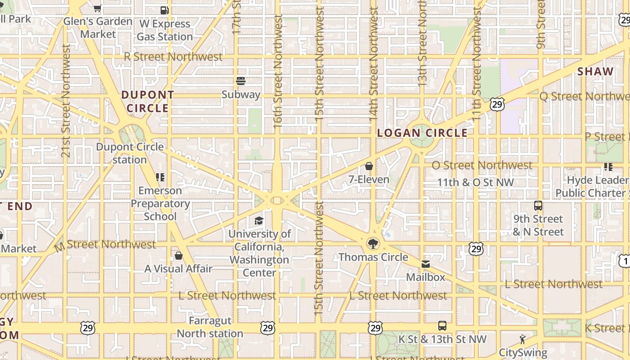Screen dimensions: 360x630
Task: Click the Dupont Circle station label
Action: (x=130, y=153)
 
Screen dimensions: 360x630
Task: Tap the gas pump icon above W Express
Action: (x=165, y=10)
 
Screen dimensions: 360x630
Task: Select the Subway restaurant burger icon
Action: (x=241, y=81)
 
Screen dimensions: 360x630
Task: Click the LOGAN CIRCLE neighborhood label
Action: (x=422, y=133)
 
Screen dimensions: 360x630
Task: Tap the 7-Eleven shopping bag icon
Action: (x=369, y=166)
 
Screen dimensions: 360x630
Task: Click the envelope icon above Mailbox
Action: (x=426, y=264)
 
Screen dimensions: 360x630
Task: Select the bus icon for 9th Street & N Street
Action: (x=538, y=206)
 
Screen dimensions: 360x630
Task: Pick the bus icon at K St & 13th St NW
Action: (x=442, y=326)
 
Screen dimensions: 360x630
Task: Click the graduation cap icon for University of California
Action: (x=259, y=220)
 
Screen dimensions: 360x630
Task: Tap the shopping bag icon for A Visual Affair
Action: (x=179, y=256)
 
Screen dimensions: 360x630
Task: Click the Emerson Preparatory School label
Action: (x=160, y=203)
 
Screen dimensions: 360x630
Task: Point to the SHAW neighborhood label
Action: (x=595, y=72)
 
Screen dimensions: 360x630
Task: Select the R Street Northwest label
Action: (x=173, y=57)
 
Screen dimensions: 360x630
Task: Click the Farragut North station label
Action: (x=210, y=327)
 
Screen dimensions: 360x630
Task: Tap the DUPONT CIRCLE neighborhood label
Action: (x=148, y=102)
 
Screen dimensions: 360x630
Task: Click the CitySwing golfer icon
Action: (x=522, y=339)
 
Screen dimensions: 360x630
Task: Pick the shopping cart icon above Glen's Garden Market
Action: (x=97, y=8)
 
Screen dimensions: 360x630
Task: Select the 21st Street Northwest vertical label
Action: (x=66, y=101)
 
